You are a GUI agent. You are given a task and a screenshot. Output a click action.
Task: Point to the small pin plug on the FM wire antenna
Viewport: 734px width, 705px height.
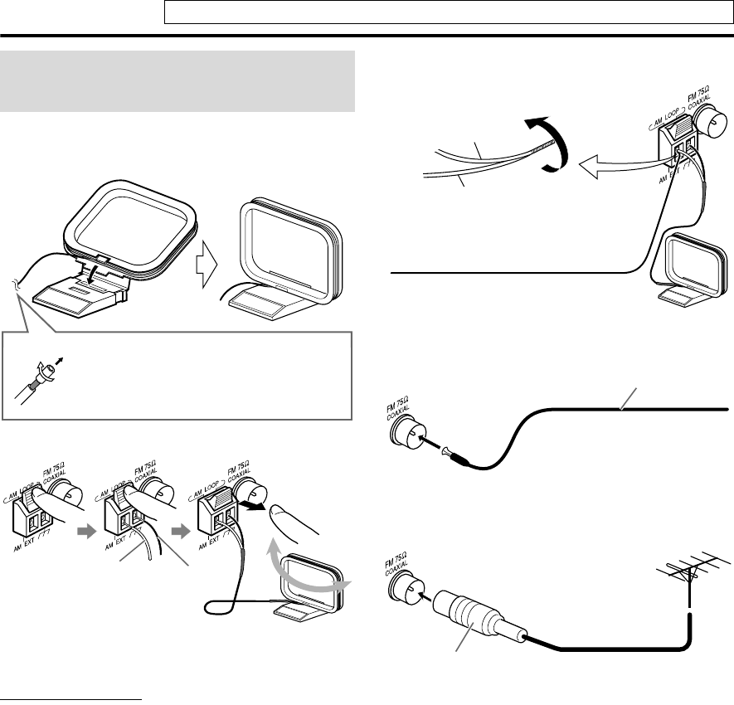click(452, 452)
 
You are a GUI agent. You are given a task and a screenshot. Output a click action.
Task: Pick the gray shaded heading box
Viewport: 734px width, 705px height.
click(178, 80)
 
